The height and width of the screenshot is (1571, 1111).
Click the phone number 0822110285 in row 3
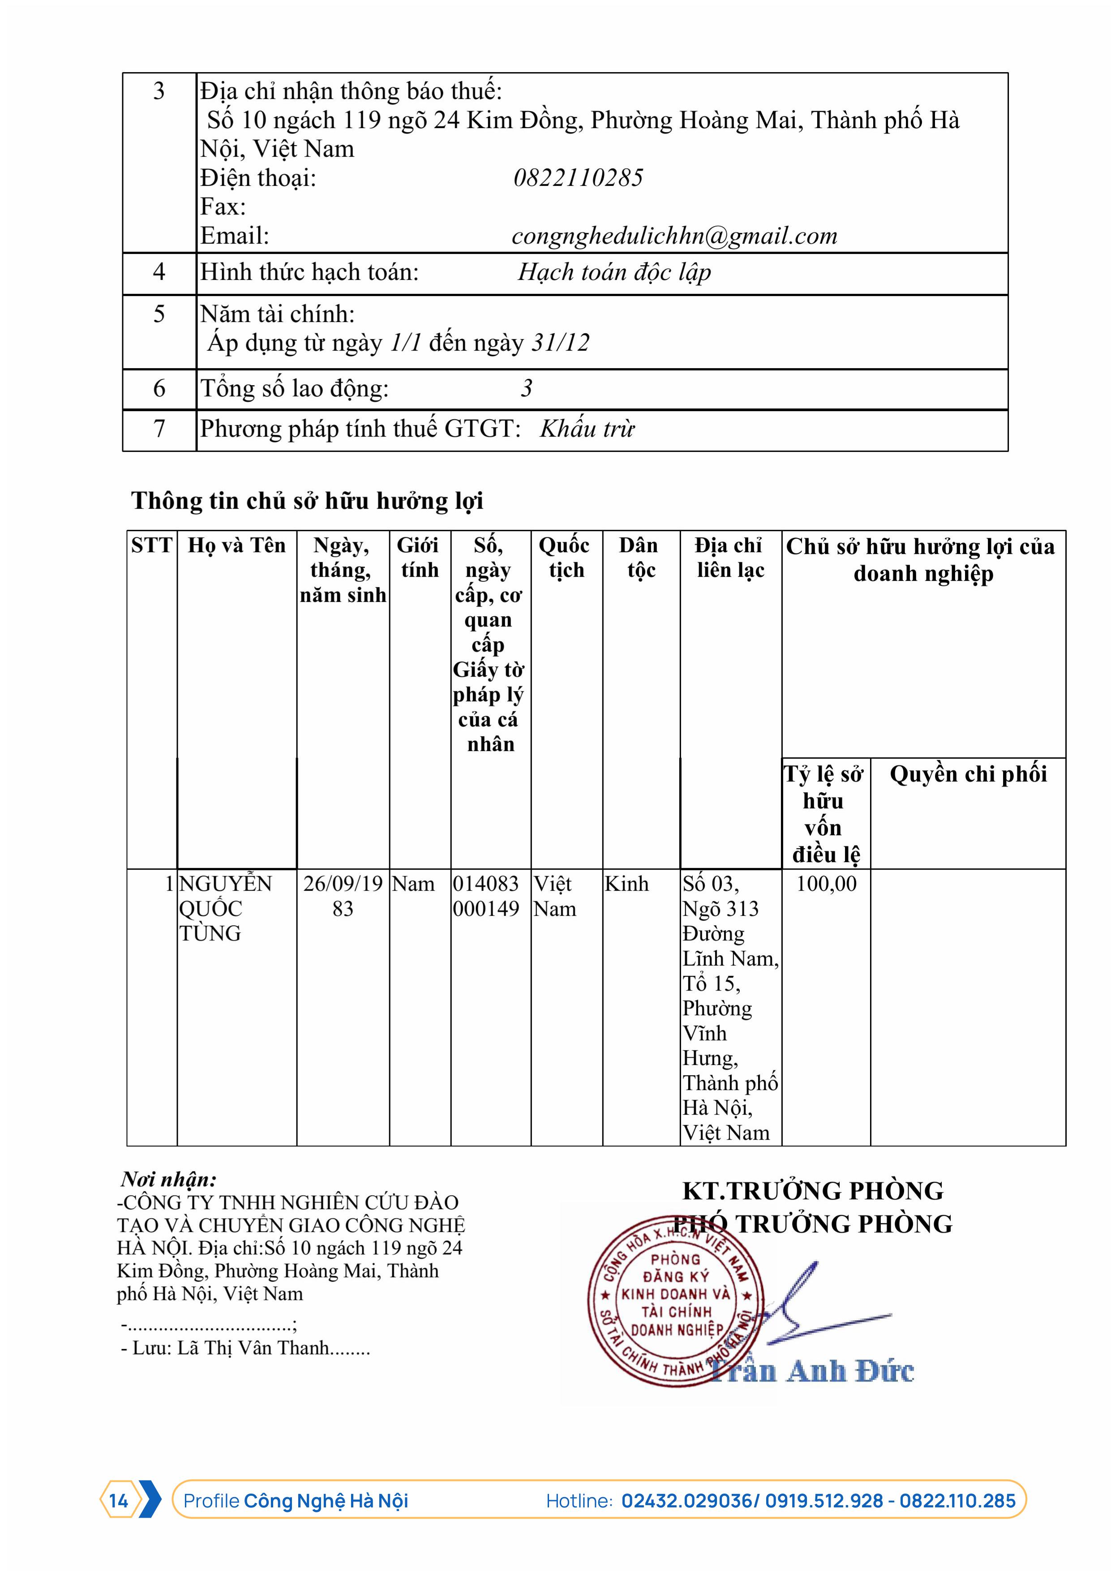coord(578,178)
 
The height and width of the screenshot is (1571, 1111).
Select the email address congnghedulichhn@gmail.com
coord(674,236)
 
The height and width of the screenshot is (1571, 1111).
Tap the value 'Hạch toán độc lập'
coord(614,272)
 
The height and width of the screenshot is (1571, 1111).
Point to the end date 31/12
coord(560,342)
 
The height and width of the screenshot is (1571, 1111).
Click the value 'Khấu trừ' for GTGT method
coord(587,429)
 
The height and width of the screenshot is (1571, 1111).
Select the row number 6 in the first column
coord(159,389)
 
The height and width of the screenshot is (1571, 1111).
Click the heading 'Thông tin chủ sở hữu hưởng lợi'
coord(307,501)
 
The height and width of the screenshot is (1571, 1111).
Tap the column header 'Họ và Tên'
coord(237,545)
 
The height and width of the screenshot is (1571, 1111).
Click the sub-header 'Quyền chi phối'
coord(967,774)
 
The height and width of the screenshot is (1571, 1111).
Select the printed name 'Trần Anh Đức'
coord(811,1371)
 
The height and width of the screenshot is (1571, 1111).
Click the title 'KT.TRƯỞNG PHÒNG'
coord(813,1191)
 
